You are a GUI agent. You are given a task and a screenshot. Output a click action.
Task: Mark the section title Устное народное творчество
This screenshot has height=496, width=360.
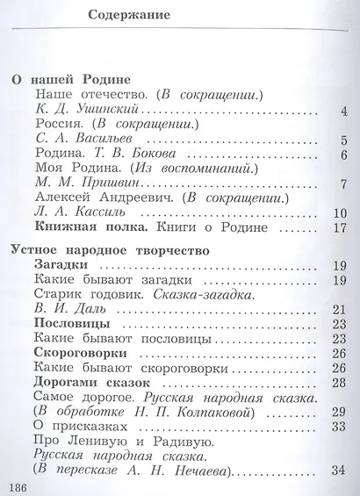pos(110,251)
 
